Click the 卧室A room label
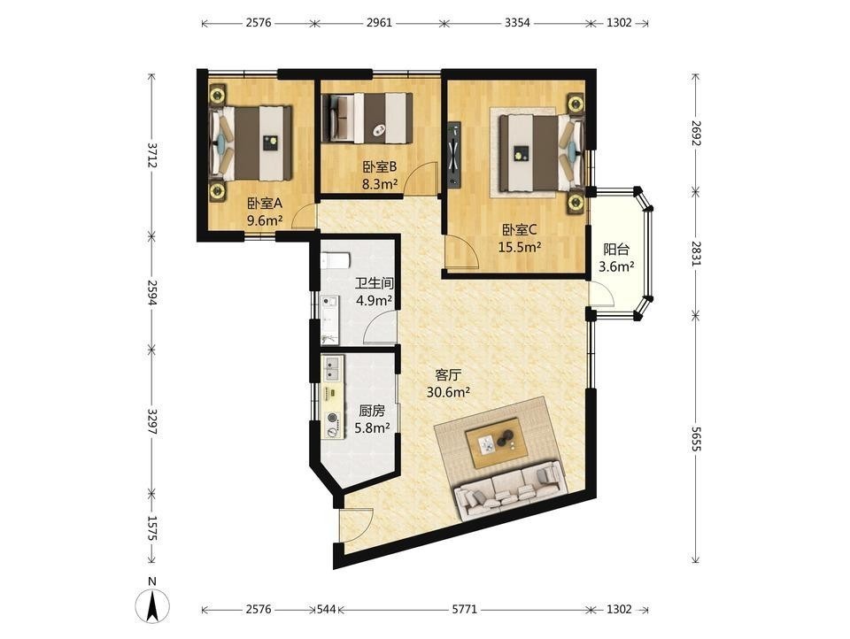265,204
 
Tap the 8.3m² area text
380,184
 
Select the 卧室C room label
520,230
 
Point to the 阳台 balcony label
616,250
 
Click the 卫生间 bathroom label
374,283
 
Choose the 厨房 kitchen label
372,411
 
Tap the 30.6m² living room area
448,392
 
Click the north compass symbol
153,602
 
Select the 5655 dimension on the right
696,438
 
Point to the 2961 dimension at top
379,23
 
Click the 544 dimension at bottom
327,609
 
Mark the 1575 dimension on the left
152,527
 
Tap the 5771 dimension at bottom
465,609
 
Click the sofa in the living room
511,490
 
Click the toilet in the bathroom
335,262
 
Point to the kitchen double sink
330,368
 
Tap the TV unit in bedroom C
453,154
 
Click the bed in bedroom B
367,118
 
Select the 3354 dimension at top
517,23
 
